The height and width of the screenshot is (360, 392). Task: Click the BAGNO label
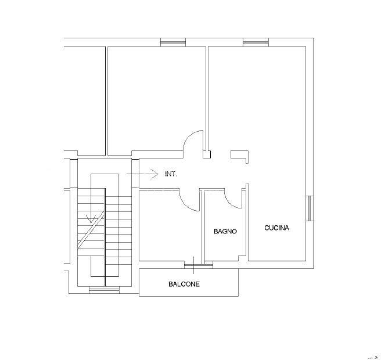(225, 231)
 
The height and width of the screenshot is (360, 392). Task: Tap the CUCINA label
(276, 228)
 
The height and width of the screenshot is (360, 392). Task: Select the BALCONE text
(184, 284)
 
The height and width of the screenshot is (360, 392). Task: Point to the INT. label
(171, 174)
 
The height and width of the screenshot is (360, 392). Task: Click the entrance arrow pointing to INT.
(142, 174)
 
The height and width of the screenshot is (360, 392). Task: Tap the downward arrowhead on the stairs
(91, 219)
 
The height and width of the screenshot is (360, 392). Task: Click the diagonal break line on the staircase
(91, 230)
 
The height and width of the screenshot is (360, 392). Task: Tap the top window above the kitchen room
(256, 42)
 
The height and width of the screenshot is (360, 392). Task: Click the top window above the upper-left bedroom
(173, 42)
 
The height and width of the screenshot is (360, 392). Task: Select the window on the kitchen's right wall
(310, 208)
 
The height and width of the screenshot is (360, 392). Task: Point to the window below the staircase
(105, 290)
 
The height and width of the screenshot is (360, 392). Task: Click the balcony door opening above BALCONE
(199, 265)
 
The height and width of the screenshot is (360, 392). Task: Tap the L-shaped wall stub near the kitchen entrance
(239, 156)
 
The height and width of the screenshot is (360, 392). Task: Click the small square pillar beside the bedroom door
(207, 154)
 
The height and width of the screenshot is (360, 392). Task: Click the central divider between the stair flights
(105, 237)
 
